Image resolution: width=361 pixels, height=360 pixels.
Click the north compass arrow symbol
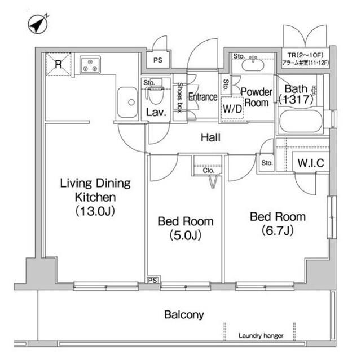tap(38, 24)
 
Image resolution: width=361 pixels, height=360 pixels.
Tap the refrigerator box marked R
tap(59, 64)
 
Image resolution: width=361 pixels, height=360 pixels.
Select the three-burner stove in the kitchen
tap(90, 65)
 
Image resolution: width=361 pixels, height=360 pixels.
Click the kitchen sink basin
tap(127, 102)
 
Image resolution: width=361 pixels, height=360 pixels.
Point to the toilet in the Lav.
tap(155, 94)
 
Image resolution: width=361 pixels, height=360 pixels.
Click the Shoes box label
tap(179, 97)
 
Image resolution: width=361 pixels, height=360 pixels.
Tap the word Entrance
tap(203, 97)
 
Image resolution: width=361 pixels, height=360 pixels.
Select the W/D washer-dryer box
tap(232, 108)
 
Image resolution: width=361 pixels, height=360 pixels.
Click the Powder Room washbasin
tap(252, 64)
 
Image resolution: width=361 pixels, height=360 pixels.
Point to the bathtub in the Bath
tap(300, 121)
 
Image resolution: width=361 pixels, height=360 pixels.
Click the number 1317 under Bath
tap(296, 100)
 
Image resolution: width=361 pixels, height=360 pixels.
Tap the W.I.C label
tap(311, 163)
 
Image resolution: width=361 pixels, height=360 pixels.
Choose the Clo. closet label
tap(209, 171)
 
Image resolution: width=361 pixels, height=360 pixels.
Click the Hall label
tap(210, 137)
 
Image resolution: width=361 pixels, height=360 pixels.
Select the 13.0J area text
tap(95, 211)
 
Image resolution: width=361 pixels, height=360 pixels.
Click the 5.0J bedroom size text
tap(186, 235)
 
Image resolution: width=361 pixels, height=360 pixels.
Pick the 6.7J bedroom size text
tap(278, 230)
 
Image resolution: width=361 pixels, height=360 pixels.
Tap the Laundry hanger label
tap(261, 336)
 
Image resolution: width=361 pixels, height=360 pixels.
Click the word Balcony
tap(184, 315)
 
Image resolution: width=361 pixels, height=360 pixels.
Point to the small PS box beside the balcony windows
tap(153, 280)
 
